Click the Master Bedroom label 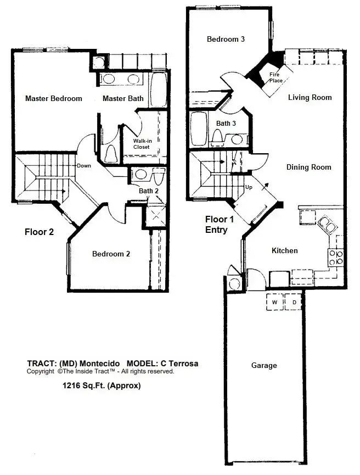click(x=54, y=98)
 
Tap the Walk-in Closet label click(x=142, y=144)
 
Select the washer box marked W click(x=274, y=301)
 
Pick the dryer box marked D click(x=294, y=301)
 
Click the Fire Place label click(x=275, y=77)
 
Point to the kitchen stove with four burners click(x=336, y=258)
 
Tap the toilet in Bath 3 click(x=218, y=136)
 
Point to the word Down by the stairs click(x=84, y=166)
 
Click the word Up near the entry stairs click(x=249, y=187)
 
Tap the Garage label click(x=264, y=366)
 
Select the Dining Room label click(x=309, y=167)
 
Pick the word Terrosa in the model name click(x=183, y=364)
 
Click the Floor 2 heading click(x=39, y=232)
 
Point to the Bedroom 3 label click(x=226, y=39)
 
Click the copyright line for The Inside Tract click(x=100, y=371)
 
